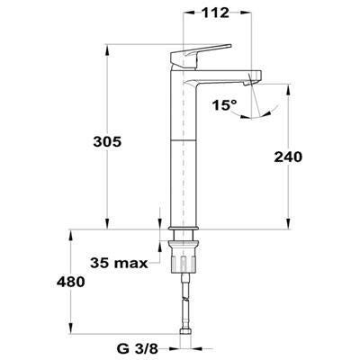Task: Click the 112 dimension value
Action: [x=215, y=13]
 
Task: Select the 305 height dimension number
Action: [x=107, y=141]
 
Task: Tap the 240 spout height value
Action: [x=288, y=157]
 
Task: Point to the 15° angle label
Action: [x=224, y=105]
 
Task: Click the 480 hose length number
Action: [x=71, y=282]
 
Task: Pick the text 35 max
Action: [x=119, y=263]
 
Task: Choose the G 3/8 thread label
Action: [x=137, y=348]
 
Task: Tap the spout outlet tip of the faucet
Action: [x=247, y=83]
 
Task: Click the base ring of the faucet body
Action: [x=183, y=229]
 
